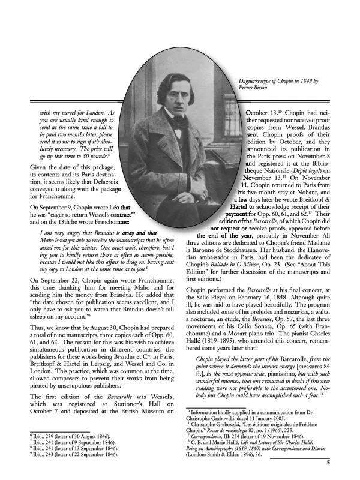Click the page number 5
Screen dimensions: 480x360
(328, 463)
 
